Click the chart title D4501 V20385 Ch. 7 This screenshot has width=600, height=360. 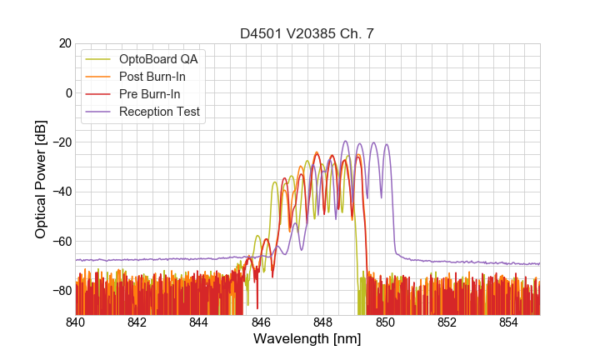(307, 33)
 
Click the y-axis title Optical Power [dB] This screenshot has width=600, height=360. (41, 178)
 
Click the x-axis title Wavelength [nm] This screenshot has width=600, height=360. (307, 339)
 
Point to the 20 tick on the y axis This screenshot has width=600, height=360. (63, 43)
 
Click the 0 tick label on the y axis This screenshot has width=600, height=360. (67, 92)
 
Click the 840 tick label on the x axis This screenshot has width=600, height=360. (75, 322)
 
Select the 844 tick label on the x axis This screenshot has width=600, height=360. (199, 322)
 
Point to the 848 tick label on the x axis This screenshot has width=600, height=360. (323, 322)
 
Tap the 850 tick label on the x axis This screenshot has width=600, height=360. (385, 322)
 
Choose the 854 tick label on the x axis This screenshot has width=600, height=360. (509, 322)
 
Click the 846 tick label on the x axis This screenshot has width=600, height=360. (261, 322)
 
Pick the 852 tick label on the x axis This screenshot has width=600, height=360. (447, 322)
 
